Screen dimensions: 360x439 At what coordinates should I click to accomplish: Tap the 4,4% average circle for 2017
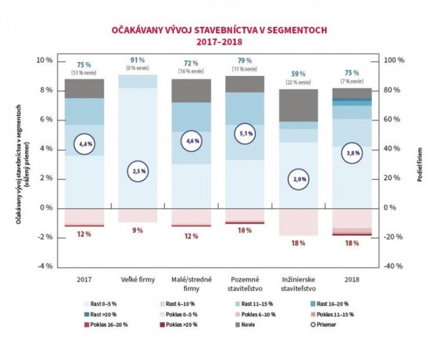(85, 144)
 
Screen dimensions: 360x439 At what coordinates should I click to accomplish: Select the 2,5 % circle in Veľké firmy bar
(138, 172)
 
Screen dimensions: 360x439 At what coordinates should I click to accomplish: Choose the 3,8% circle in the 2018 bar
(353, 153)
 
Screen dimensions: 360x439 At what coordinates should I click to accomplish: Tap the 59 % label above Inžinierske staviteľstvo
(298, 74)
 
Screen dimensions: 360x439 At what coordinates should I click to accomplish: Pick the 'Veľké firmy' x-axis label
(138, 279)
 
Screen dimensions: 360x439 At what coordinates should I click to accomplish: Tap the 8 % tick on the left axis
(44, 91)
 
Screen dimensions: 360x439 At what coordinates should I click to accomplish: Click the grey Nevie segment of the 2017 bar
(85, 88)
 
